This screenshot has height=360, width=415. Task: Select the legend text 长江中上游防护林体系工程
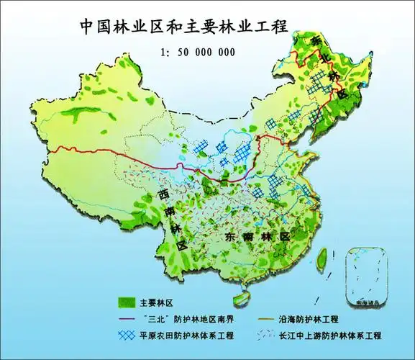tap(339, 336)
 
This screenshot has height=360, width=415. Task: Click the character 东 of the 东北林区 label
tap(316, 42)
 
